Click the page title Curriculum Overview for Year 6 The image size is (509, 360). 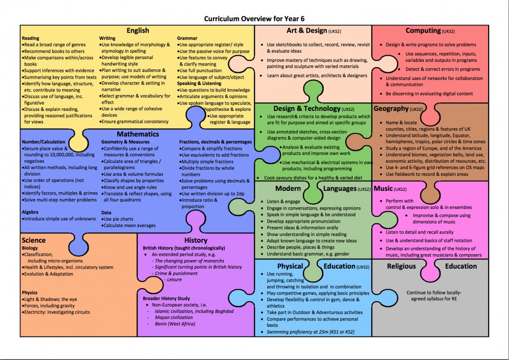tap(254, 19)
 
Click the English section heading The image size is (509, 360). tap(138, 31)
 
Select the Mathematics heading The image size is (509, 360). tap(138, 134)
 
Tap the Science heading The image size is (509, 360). tap(34, 240)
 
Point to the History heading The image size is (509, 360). tap(196, 240)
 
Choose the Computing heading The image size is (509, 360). tap(423, 30)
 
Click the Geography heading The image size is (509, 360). tap(391, 109)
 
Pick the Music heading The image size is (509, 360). tap(383, 188)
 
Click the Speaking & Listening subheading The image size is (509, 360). tap(199, 84)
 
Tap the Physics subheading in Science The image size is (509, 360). tap(30, 293)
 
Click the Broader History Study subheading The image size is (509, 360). tap(166, 298)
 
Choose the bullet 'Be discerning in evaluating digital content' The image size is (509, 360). tap(429, 94)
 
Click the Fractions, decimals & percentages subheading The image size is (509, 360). tap(215, 142)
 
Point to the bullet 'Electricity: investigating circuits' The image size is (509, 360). tap(57, 312)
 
